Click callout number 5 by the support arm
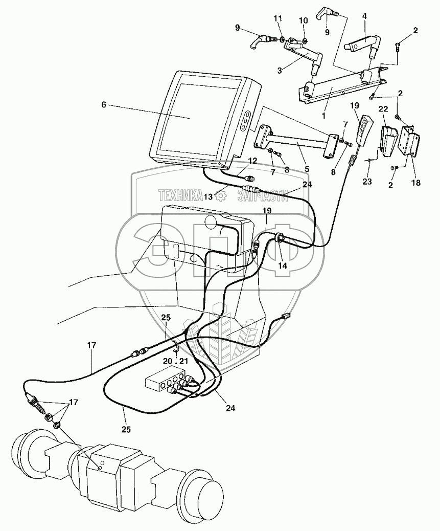(306, 168)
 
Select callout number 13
(207, 196)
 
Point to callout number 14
(283, 265)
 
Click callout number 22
(384, 109)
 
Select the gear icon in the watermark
(221, 195)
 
